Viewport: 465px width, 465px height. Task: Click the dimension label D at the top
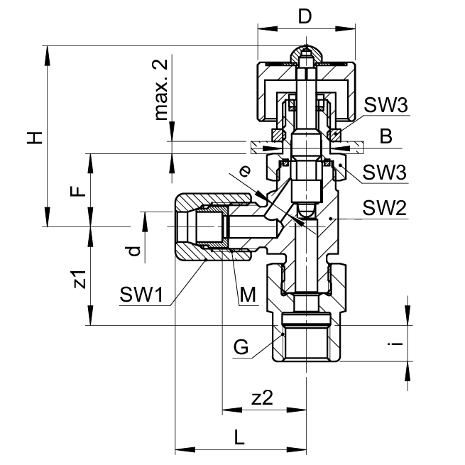[305, 16]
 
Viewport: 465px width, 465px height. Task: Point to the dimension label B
[385, 136]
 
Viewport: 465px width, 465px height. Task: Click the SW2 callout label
[384, 209]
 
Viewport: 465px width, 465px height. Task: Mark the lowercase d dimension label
[131, 251]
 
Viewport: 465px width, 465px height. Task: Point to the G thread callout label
[241, 348]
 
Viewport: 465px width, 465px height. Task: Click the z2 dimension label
[262, 398]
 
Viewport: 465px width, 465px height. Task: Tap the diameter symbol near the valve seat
[245, 170]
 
